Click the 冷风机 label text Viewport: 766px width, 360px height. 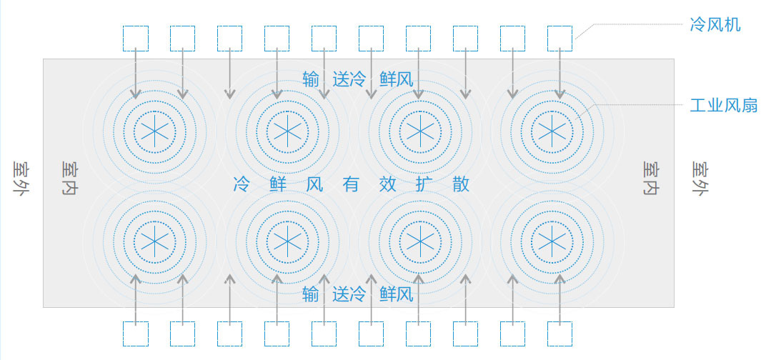point(715,24)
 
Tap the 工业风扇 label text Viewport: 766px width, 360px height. point(724,105)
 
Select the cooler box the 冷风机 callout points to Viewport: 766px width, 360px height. point(559,39)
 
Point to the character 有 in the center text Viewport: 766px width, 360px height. point(352,184)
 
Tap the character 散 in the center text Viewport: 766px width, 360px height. point(461,184)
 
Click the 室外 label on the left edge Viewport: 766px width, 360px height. point(21,179)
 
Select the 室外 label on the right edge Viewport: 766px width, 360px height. point(700,179)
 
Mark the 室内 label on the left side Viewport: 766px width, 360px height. point(70,179)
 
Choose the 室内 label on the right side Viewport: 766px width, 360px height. point(650,179)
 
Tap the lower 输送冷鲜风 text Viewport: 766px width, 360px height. point(358,294)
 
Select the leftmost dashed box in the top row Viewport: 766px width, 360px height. point(135,39)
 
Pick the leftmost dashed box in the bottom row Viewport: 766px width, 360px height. point(135,334)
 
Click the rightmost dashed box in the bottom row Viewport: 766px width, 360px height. point(559,334)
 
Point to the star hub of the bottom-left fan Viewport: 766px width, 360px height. point(155,241)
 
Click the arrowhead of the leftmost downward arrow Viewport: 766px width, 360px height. point(135,95)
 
